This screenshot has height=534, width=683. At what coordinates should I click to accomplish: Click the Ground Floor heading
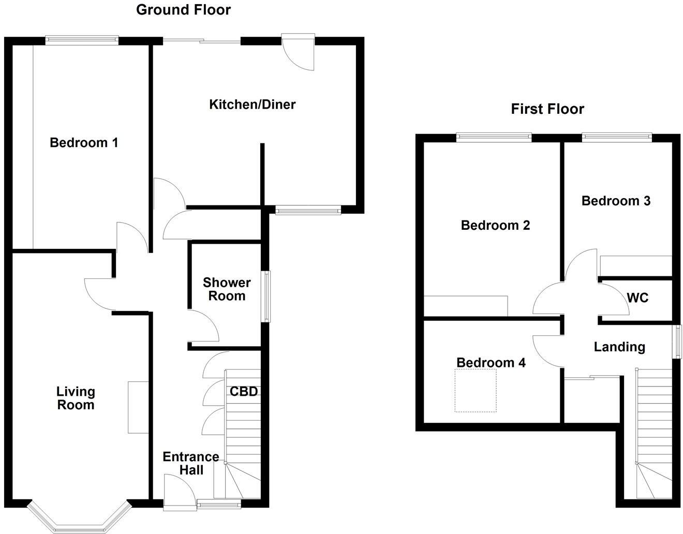(x=183, y=10)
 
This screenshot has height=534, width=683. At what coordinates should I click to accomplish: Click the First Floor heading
(x=547, y=109)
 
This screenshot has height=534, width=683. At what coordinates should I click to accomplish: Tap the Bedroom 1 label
(x=84, y=143)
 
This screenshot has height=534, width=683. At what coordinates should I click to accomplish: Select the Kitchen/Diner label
(x=252, y=105)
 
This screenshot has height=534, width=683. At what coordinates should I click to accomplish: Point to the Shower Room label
(x=227, y=289)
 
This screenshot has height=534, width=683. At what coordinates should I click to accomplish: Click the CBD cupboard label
(x=244, y=392)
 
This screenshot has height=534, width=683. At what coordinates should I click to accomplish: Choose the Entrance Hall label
(x=190, y=463)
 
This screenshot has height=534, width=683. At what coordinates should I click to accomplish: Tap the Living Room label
(x=76, y=398)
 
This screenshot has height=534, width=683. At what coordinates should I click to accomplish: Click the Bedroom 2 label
(x=495, y=226)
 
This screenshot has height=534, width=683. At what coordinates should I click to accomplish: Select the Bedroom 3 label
(x=616, y=201)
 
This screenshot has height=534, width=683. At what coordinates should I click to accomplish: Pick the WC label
(x=637, y=298)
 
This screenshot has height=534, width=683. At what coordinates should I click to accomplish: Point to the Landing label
(x=619, y=347)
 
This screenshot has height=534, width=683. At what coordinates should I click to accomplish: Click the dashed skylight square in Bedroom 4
(x=476, y=391)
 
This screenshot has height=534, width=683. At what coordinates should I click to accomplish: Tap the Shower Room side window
(x=266, y=296)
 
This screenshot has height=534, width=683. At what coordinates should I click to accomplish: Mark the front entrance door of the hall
(x=179, y=489)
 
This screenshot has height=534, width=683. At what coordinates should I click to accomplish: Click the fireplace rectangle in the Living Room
(x=138, y=407)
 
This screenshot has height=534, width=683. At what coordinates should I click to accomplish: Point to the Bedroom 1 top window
(x=82, y=40)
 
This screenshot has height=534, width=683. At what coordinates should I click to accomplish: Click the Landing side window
(x=676, y=341)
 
